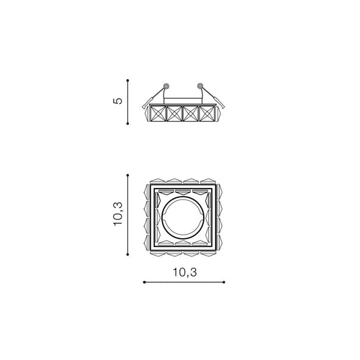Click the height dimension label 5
(117, 101)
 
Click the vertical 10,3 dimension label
(118, 214)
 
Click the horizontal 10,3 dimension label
(185, 272)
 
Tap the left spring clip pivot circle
(166, 86)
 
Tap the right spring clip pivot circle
(199, 86)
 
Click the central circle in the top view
(162, 218)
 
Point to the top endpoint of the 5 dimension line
(127, 80)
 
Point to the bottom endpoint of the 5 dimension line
(127, 124)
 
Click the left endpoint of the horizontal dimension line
(144, 282)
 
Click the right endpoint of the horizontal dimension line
(224, 282)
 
